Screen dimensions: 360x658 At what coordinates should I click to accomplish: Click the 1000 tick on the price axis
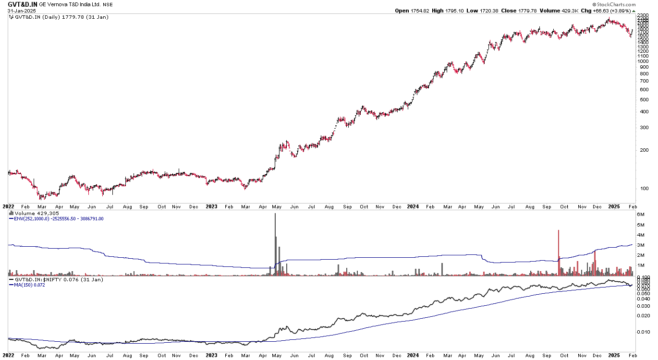pos(644,61)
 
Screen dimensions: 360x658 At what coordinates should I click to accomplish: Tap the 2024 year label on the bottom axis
pos(413,207)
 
